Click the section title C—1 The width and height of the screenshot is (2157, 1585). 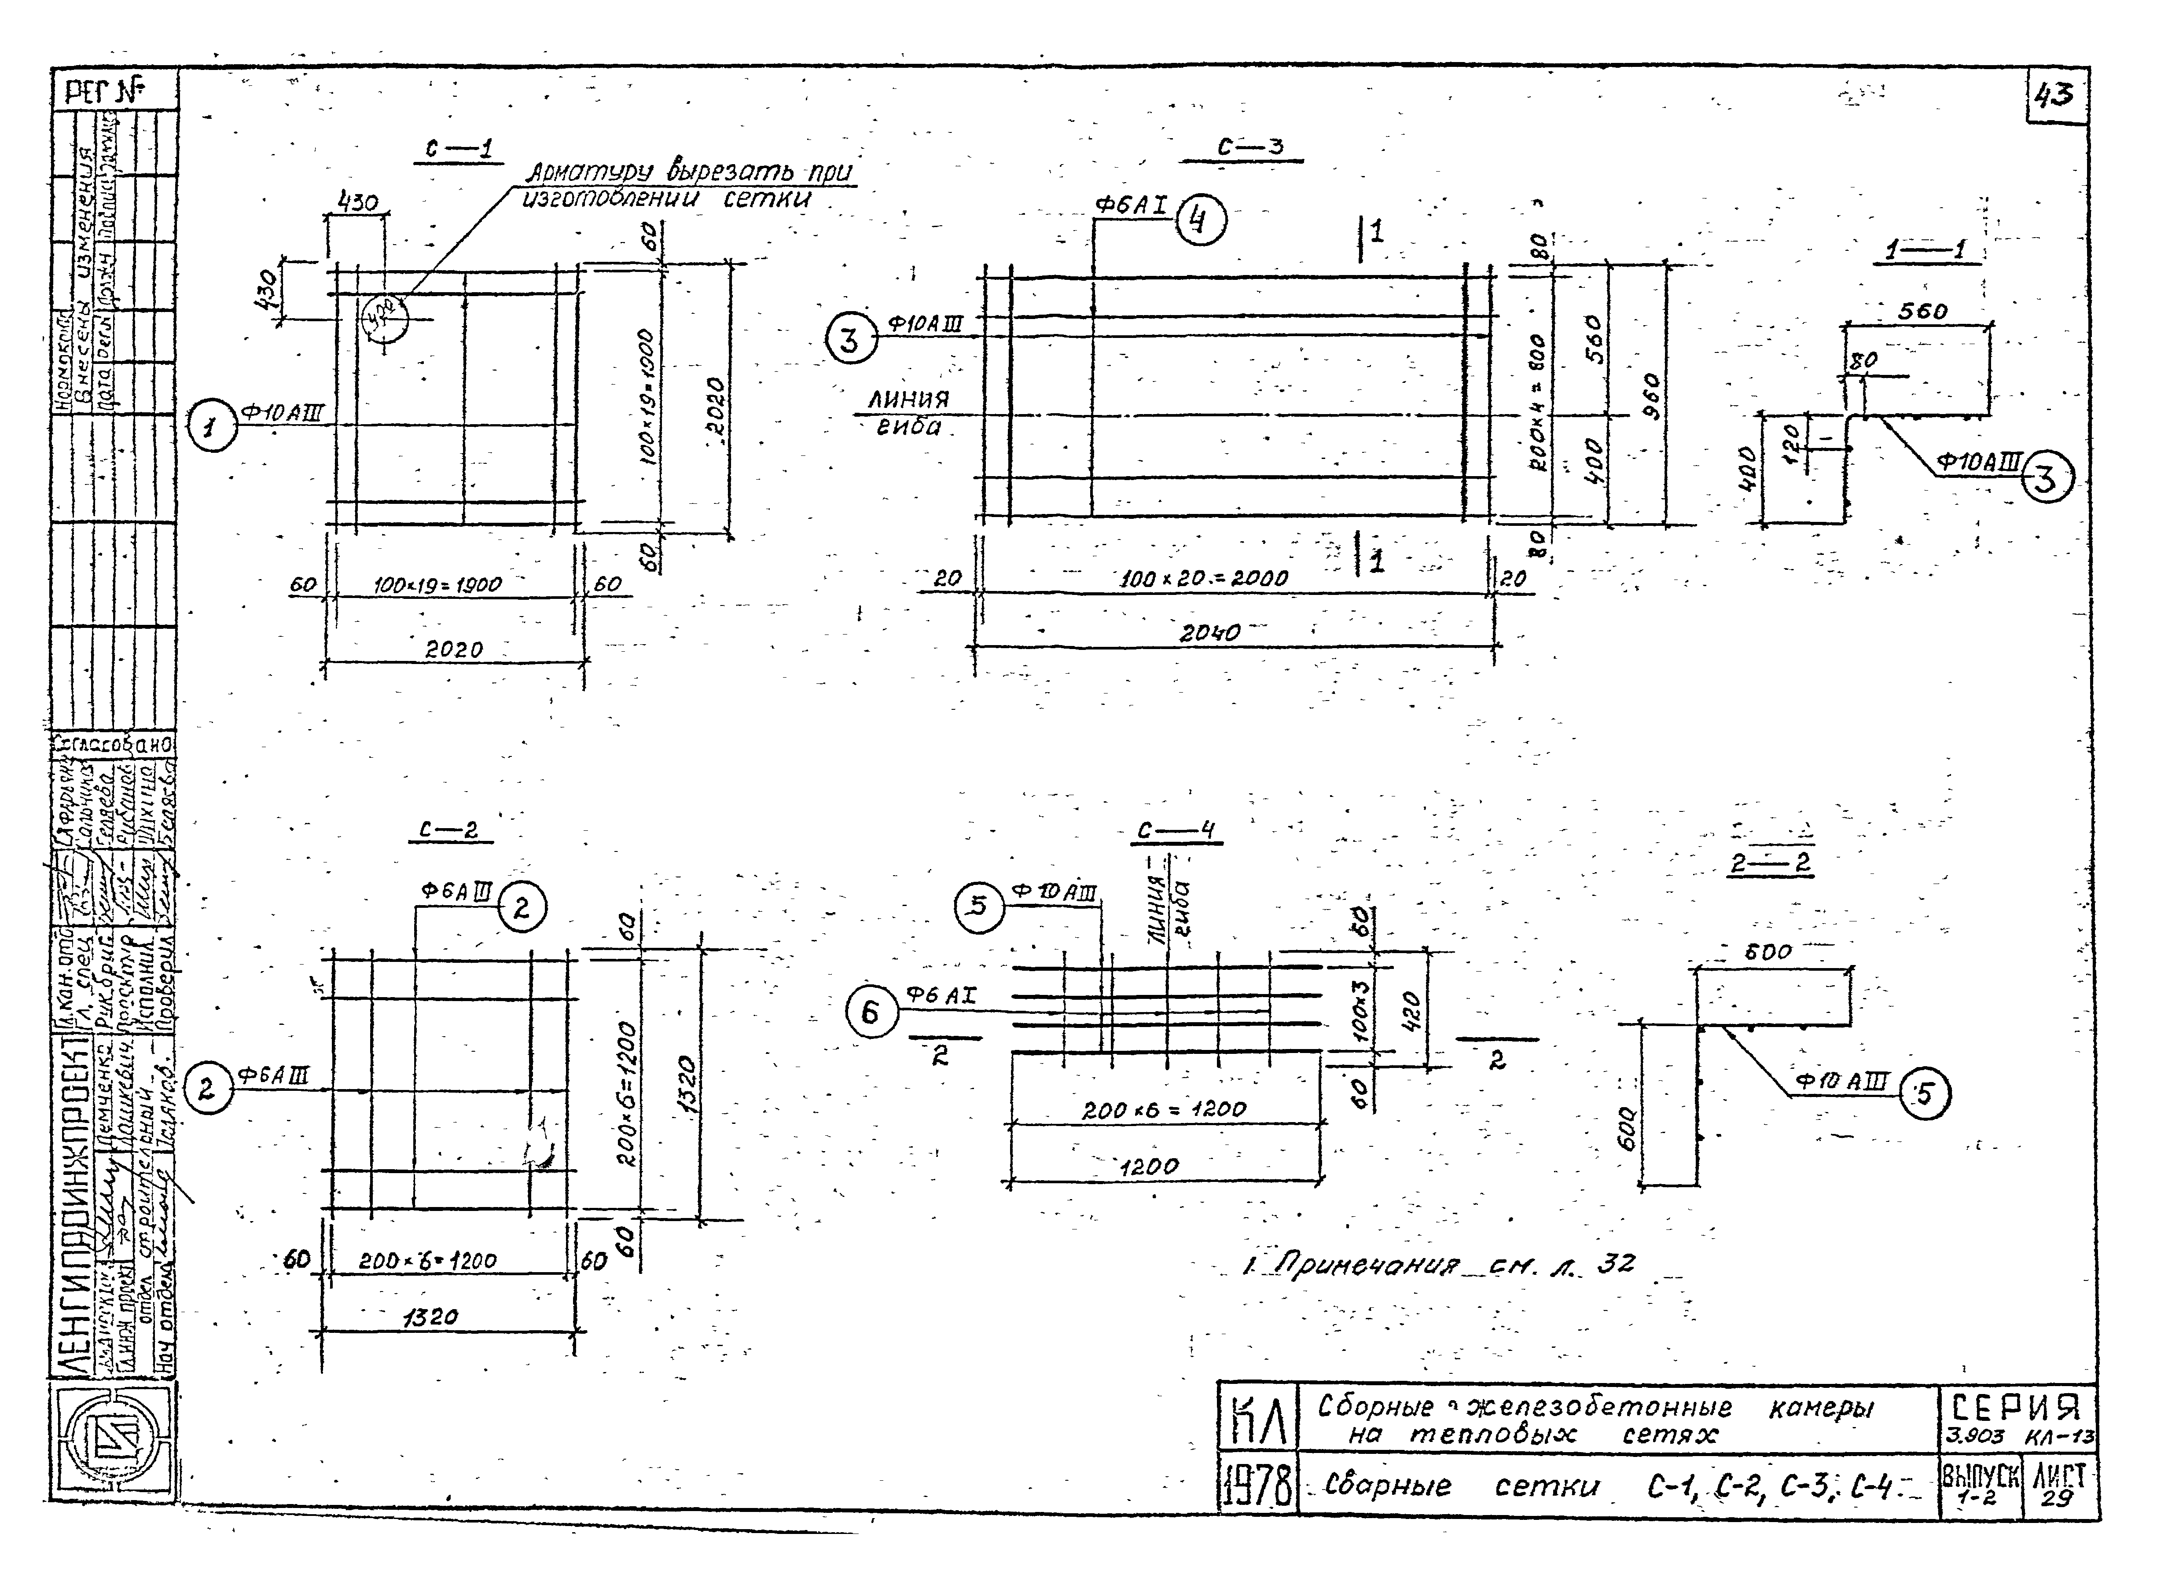459,149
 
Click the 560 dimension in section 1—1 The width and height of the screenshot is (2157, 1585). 1922,312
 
